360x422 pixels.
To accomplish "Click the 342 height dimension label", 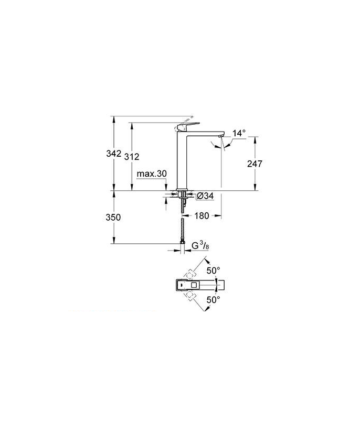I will point(113,154).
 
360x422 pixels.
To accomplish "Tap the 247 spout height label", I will point(254,163).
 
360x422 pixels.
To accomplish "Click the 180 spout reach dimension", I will point(202,216).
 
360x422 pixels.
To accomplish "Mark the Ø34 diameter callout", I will point(205,197).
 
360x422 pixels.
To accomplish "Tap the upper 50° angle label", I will point(213,270).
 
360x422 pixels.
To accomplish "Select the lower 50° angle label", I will point(213,300).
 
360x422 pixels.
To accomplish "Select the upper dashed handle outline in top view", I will point(189,274).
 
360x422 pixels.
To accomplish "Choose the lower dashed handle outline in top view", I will point(189,297).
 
